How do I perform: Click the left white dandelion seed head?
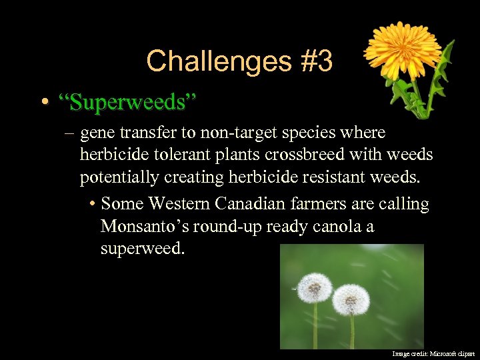click(314, 287)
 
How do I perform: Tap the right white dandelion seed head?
click(351, 299)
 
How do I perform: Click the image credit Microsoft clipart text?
click(433, 353)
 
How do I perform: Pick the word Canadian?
click(261, 203)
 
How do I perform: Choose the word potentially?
click(118, 178)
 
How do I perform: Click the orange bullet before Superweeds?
click(44, 103)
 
